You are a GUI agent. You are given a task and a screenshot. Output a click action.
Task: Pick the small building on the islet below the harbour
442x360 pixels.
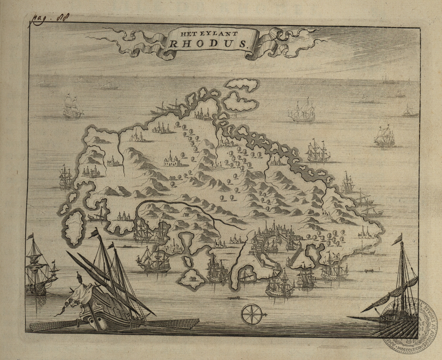[x=192, y=278]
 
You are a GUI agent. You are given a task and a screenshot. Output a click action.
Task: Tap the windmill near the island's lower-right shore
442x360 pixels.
[x=334, y=255]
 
